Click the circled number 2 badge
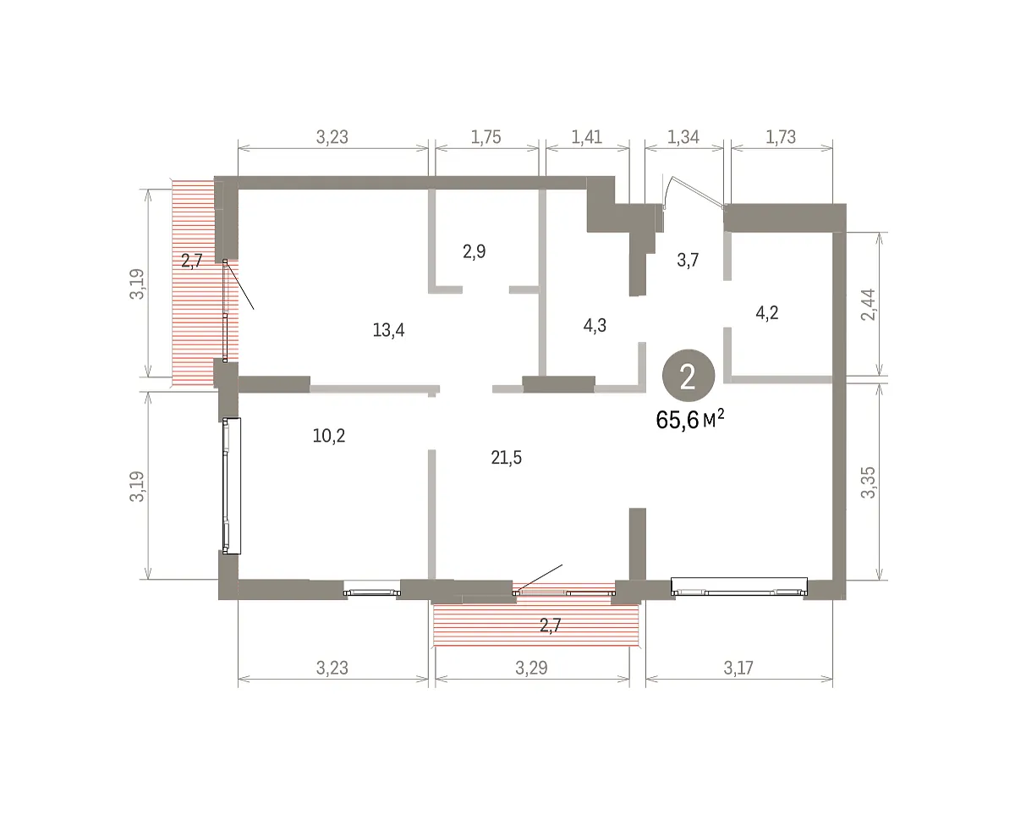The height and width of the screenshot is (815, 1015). [x=689, y=376]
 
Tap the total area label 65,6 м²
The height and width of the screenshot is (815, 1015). [x=689, y=420]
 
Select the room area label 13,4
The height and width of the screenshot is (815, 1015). [x=388, y=330]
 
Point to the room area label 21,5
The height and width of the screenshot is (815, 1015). [x=506, y=457]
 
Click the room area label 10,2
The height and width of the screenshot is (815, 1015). [x=329, y=436]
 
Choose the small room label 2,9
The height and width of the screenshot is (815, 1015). [x=474, y=251]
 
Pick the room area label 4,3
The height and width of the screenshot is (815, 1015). [x=595, y=325]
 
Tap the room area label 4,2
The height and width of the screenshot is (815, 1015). [x=767, y=312]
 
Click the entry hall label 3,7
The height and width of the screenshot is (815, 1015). [x=688, y=260]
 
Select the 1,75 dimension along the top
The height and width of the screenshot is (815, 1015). [x=486, y=137]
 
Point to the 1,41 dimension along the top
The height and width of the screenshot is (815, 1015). [x=587, y=137]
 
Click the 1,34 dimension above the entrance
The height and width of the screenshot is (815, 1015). [x=683, y=137]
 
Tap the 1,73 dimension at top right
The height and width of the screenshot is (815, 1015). [x=781, y=137]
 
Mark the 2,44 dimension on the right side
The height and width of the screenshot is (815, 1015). [x=868, y=305]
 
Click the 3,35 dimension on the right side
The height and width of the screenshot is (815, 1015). [x=868, y=482]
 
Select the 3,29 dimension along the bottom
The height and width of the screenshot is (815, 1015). [x=531, y=668]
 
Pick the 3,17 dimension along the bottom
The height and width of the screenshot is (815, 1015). [x=738, y=668]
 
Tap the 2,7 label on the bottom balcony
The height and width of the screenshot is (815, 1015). [x=550, y=625]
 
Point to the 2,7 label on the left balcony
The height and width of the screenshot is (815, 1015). [x=192, y=261]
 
